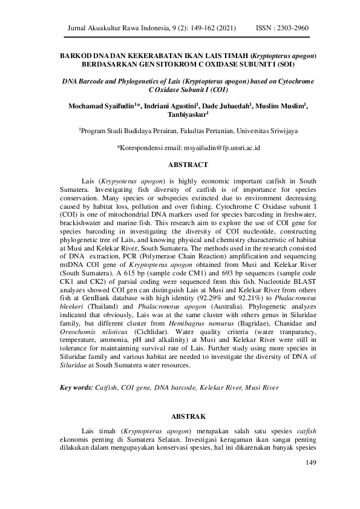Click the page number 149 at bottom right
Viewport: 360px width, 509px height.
[x=312, y=463]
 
